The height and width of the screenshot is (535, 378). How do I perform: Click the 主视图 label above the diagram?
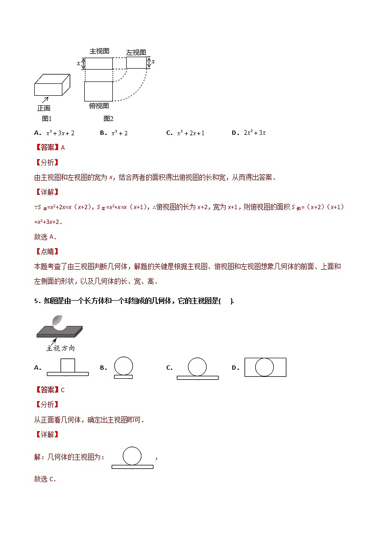[x=99, y=51]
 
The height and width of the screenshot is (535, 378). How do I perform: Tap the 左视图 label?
[x=136, y=52]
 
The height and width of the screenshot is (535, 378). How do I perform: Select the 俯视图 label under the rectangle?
[x=99, y=105]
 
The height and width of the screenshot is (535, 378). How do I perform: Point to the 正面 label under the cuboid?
[x=44, y=108]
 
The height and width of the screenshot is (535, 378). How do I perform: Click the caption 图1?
[x=46, y=119]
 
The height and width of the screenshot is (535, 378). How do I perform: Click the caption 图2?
[x=108, y=119]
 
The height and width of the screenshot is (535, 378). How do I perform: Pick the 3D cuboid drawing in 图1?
[x=52, y=85]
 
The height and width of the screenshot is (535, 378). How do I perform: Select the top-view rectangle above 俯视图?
[x=99, y=91]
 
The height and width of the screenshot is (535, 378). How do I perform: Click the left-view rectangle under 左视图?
[x=136, y=63]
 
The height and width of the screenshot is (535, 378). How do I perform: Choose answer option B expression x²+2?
[x=119, y=133]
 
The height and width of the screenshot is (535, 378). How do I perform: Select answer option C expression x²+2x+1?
[x=190, y=133]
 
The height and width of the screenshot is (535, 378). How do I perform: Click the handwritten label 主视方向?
[x=60, y=348]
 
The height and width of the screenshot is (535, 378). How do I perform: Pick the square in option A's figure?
[x=68, y=365]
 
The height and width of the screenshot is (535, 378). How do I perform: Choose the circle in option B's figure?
[x=123, y=366]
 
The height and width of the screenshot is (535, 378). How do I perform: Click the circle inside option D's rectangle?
[x=265, y=367]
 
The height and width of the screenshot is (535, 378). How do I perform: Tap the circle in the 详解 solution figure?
[x=132, y=455]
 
